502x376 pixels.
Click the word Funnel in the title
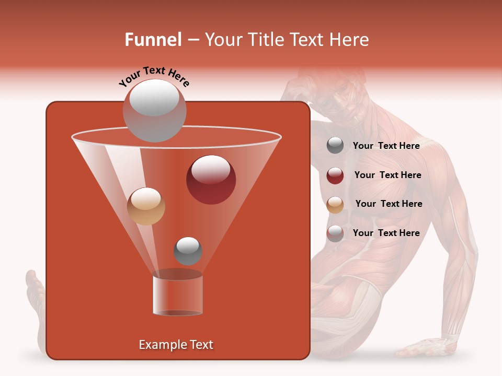click(x=153, y=40)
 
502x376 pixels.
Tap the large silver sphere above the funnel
click(x=154, y=110)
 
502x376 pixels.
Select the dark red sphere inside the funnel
click(x=211, y=179)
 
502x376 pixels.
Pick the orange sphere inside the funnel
click(x=146, y=206)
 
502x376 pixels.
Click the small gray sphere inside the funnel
click(x=188, y=251)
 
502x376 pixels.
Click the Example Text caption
click(x=176, y=345)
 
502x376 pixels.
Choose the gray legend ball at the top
click(x=335, y=146)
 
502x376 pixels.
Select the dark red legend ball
click(x=335, y=175)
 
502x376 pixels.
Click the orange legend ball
click(x=335, y=205)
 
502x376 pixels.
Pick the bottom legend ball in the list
click(x=335, y=233)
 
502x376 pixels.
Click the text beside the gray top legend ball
click(x=386, y=146)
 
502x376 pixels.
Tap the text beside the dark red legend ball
click(x=387, y=175)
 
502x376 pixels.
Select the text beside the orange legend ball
click(x=389, y=204)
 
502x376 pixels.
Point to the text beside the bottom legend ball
click(x=386, y=233)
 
